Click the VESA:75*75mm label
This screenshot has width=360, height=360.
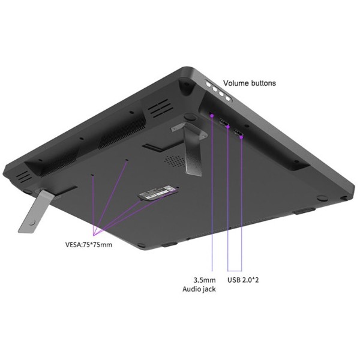[89, 245]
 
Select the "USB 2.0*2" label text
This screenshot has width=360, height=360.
[243, 280]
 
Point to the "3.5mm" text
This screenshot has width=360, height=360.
[205, 280]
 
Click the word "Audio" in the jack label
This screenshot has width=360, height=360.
[191, 289]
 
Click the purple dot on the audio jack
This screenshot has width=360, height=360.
[212, 115]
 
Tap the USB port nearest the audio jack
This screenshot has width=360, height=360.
[224, 122]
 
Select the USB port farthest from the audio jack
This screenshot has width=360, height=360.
[238, 133]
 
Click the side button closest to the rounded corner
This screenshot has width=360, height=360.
[208, 84]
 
